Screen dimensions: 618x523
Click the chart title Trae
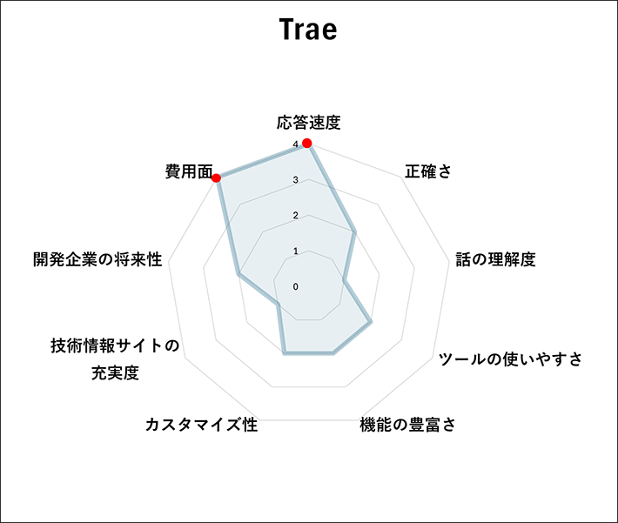[x=308, y=30]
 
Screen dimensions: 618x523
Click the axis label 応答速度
[x=309, y=122]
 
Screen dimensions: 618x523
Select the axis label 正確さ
[x=428, y=171]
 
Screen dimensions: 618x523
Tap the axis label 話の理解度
[x=495, y=259]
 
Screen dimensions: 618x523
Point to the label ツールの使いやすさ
[x=510, y=359]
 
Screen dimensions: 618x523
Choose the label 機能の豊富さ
[x=408, y=425]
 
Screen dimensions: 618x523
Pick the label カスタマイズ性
[x=201, y=425]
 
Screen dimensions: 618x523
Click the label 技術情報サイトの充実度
[x=115, y=359]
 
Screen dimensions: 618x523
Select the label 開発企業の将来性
[x=97, y=259]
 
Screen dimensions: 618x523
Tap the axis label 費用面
[x=189, y=171]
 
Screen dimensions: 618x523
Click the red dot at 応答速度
[x=306, y=143]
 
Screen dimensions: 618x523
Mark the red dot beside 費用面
[x=216, y=178]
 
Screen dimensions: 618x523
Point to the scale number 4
[x=296, y=145]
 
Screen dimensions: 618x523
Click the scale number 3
[x=296, y=180]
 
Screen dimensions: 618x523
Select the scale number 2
[x=296, y=216]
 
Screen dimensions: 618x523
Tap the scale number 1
[x=296, y=251]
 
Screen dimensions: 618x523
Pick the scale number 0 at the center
[x=296, y=286]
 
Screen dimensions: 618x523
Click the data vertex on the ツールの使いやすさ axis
[x=371, y=322]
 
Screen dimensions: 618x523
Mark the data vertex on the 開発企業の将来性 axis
[x=238, y=274]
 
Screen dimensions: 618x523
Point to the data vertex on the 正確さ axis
[x=354, y=231]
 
